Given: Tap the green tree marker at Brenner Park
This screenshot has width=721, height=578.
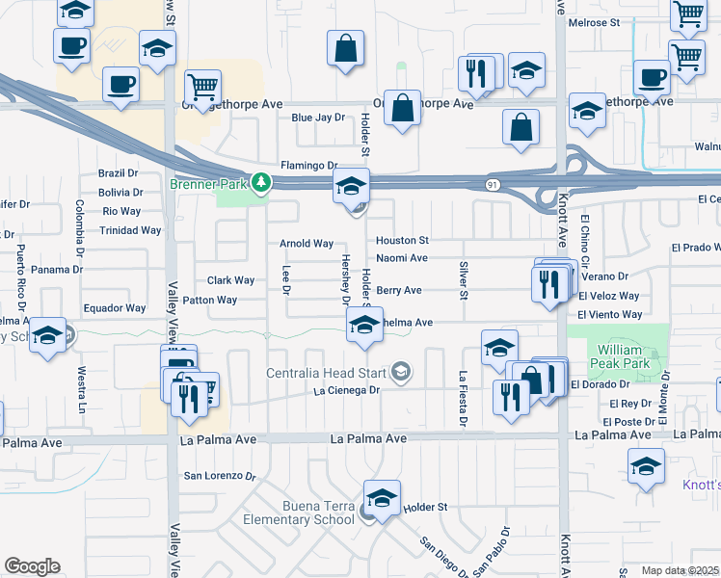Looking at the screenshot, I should [x=260, y=182].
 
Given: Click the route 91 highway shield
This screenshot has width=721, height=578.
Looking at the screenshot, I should [x=493, y=184].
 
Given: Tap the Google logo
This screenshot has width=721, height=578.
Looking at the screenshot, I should [x=32, y=566].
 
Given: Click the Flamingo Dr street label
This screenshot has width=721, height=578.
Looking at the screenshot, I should [x=308, y=166].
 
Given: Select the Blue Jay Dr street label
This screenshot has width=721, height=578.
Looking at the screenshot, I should [x=317, y=118].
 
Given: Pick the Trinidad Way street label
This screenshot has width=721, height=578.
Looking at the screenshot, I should [x=130, y=231].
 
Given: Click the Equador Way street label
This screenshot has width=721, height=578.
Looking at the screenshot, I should [x=114, y=308].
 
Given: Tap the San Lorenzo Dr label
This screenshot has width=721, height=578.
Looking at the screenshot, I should [x=220, y=476].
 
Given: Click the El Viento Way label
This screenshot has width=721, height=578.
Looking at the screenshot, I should [x=609, y=315].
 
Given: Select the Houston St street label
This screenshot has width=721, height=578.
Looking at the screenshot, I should [x=402, y=240].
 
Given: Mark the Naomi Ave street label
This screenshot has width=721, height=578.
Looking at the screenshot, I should [x=401, y=258].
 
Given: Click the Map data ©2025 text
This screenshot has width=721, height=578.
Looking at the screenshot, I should [x=667, y=570].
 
